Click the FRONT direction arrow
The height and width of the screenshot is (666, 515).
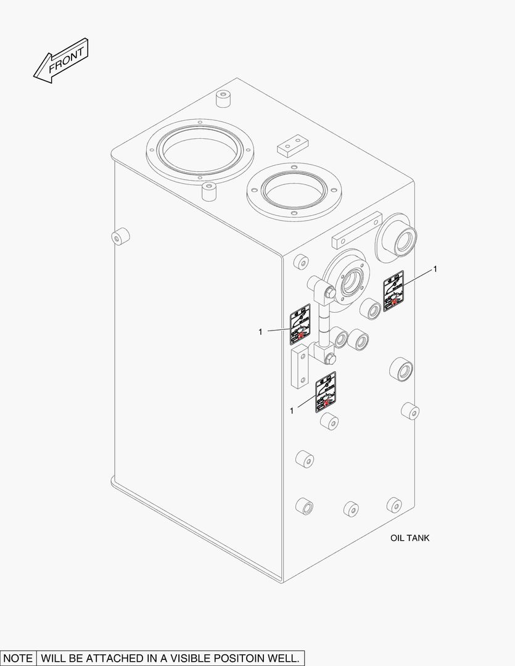pos(61,60)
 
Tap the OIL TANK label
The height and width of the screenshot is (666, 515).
pos(410,538)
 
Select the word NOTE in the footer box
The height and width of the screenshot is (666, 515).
pos(18,657)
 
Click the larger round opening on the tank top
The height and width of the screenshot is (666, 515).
pos(199,149)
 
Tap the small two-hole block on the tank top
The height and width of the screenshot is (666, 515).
pos(292,146)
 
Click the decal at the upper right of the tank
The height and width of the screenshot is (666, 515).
pos(394,291)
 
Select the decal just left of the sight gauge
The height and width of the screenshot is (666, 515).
pos(301,324)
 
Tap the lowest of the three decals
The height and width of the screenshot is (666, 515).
pos(326,392)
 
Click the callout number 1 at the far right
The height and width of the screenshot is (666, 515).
pos(435,269)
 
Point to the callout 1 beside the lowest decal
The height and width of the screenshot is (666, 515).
pos(291,410)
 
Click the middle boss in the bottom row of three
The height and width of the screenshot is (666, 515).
pos(352,509)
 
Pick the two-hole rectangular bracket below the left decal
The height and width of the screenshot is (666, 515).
pos(299,369)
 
